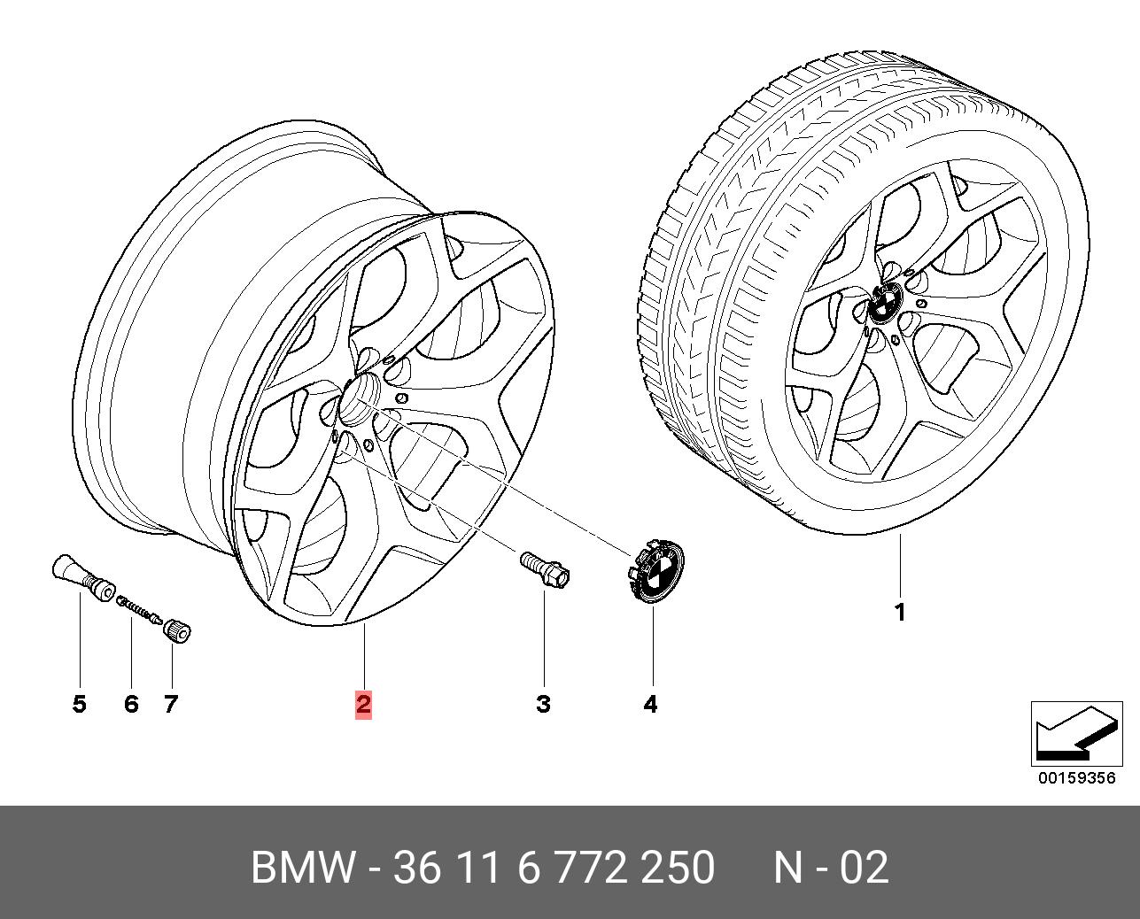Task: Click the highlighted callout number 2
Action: pos(363,704)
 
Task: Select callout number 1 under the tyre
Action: pos(900,612)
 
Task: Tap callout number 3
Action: pos(543,704)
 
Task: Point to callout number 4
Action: pos(650,704)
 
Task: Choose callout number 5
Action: pos(80,704)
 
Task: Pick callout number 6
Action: pos(131,704)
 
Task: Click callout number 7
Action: pos(171,704)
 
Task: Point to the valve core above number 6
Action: pos(137,609)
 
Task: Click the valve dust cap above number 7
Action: pos(178,631)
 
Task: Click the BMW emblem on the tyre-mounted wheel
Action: pos(883,305)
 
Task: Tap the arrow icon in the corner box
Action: pos(1074,735)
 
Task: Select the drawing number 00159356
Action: pos(1077,778)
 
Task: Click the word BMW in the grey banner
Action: pos(304,868)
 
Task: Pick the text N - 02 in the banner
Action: pos(830,868)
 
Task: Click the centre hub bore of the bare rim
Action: pos(359,395)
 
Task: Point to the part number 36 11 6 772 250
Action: pos(554,868)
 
